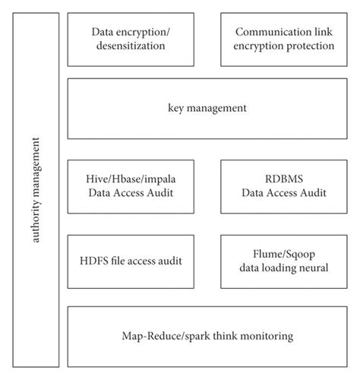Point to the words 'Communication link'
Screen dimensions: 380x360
point(284,33)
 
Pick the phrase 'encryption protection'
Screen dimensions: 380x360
point(284,46)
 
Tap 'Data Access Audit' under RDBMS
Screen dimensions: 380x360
point(284,194)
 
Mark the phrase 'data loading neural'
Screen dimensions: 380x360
point(284,268)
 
